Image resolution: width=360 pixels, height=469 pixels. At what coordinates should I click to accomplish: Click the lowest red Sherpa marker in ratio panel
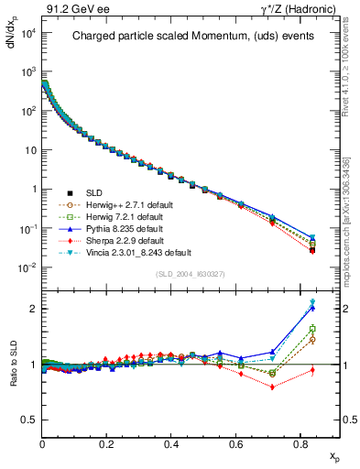tap(272, 387)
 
